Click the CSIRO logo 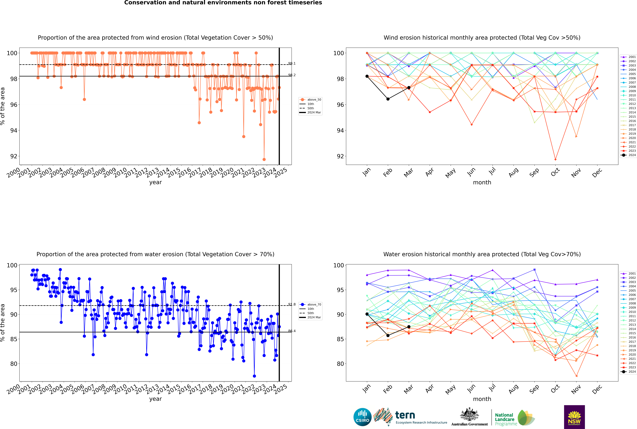tap(362, 417)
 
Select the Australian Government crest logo tap(469, 417)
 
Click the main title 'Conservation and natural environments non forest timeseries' tap(223, 3)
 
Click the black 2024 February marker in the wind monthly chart tap(388, 99)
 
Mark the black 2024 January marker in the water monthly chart tap(367, 314)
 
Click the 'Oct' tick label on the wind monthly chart tap(555, 172)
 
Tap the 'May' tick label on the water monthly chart tap(451, 389)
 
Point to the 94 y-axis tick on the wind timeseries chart tap(14, 131)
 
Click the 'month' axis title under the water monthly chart tap(482, 399)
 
